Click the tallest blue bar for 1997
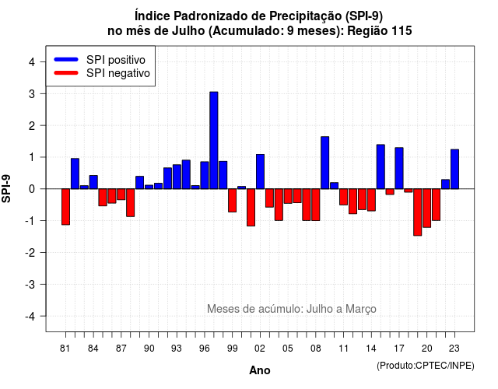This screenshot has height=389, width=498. (x=214, y=140)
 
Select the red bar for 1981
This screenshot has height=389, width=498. (x=65, y=207)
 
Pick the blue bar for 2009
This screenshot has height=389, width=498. (x=325, y=163)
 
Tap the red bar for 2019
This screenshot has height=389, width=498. (x=418, y=212)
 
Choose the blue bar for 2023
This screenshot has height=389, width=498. (x=454, y=169)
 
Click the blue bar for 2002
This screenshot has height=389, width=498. (x=260, y=171)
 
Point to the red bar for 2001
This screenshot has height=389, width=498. (x=251, y=208)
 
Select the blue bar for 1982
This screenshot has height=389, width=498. (x=75, y=173)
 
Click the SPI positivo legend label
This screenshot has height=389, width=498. (x=116, y=60)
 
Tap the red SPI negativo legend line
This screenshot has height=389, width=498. (x=66, y=73)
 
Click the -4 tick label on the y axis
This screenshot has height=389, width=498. (x=30, y=317)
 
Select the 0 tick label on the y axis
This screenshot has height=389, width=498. (x=32, y=189)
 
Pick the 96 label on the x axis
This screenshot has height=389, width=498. (x=205, y=349)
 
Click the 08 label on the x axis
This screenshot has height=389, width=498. (x=316, y=349)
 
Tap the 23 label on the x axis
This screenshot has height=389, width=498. (x=454, y=349)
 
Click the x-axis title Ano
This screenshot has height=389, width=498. (x=260, y=370)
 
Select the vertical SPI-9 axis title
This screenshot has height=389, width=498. (x=6, y=188)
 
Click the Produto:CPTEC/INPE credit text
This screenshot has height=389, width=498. (x=426, y=366)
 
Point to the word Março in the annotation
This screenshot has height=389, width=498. (x=361, y=309)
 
